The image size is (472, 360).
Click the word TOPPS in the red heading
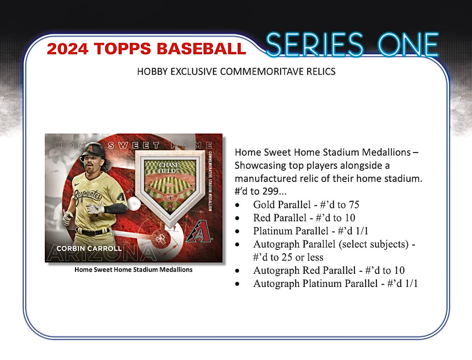tap(119, 49)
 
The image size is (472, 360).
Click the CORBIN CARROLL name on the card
tap(89, 248)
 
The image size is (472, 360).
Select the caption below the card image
tap(133, 270)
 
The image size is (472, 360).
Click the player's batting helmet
tap(93, 152)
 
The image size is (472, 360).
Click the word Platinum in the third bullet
tap(273, 231)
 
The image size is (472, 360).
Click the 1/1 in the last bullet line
tap(410, 284)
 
